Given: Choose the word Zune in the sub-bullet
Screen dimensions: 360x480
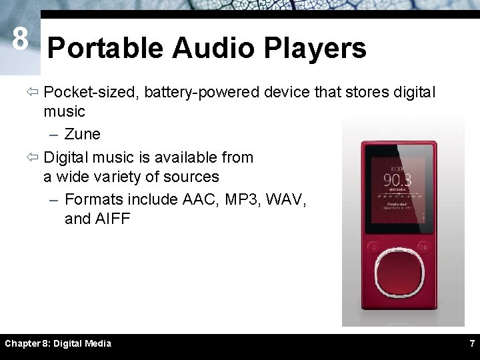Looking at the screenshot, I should click(83, 134).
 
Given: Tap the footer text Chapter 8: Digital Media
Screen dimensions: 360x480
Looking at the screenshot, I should click(58, 343).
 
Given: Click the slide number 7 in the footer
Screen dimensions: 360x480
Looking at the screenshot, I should click(472, 343).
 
